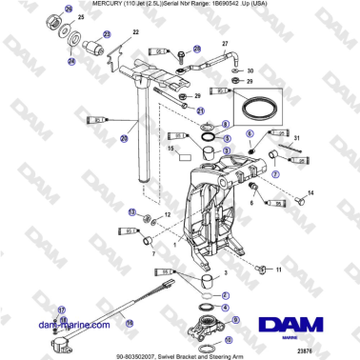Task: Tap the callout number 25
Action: coord(82,18)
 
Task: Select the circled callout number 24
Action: coord(70,62)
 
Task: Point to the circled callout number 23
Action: coord(107,34)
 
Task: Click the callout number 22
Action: coord(135,32)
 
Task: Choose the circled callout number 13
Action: coord(132,211)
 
